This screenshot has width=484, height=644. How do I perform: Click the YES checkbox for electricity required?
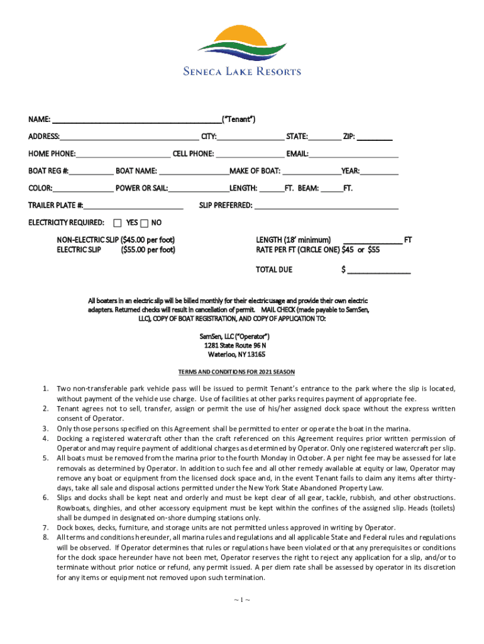pos(118,223)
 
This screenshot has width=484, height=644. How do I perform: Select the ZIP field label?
pos(349,136)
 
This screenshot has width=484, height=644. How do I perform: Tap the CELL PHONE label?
pos(193,153)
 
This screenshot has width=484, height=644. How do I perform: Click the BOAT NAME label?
pos(136,170)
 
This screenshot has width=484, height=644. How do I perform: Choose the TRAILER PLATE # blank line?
pos(134,205)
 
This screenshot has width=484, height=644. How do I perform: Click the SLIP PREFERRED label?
pos(226,205)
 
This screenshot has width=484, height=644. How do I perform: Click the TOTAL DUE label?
pos(273,270)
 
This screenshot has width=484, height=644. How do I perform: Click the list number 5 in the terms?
pos(46,458)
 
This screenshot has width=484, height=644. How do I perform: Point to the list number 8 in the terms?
pos(46,537)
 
